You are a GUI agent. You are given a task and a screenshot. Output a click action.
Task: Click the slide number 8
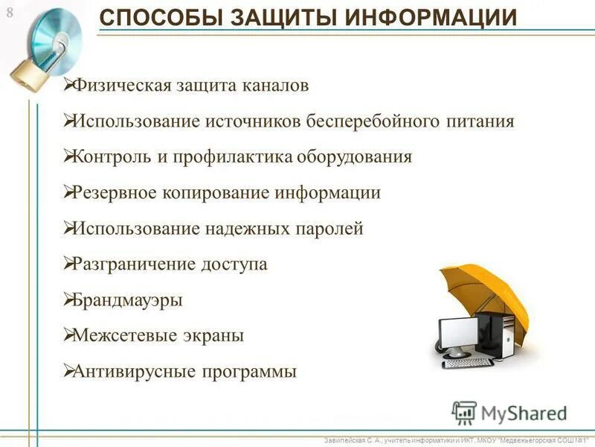[x=10, y=11]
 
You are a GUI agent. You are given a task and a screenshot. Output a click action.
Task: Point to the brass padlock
[x=26, y=74]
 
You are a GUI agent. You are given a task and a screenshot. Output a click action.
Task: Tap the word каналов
[x=274, y=85]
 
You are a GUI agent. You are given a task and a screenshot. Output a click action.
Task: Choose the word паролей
[x=330, y=229]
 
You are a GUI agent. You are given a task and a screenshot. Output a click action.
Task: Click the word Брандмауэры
[x=127, y=300]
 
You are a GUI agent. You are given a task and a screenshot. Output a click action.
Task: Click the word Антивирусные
[x=131, y=371]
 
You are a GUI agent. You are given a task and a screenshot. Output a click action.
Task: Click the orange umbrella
[x=483, y=291]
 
